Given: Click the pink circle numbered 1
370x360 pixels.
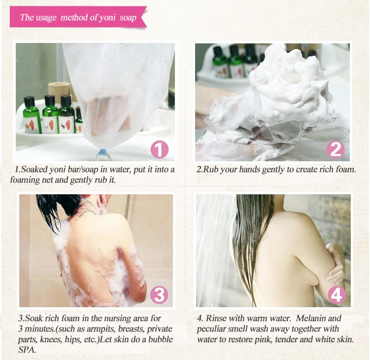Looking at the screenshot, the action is (160, 149).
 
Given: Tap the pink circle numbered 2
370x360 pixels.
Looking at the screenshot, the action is (336, 149).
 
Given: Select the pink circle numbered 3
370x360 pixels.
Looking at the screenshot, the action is (159, 295).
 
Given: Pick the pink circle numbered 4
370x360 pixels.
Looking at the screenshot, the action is (336, 295).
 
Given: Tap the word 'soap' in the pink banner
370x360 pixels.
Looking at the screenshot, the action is (128, 18).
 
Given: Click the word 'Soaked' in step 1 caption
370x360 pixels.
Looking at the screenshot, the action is (34, 169).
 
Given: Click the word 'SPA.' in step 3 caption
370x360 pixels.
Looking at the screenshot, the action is (28, 350).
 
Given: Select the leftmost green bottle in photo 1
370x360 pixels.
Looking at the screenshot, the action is (30, 115).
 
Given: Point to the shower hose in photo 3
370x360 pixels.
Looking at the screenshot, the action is (128, 208).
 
